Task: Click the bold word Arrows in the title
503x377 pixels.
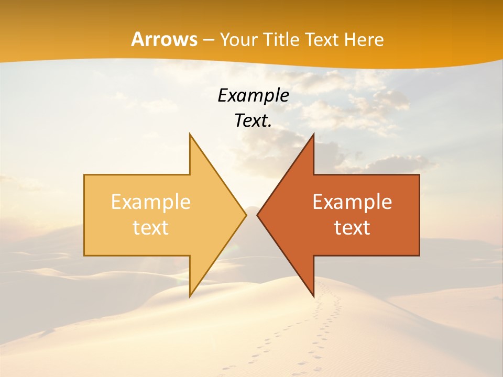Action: (x=164, y=39)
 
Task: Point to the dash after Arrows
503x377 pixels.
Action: (x=209, y=40)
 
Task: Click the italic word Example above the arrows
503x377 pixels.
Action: (x=253, y=96)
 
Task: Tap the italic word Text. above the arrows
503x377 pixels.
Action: (x=253, y=121)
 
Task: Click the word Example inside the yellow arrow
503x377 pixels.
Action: (x=151, y=202)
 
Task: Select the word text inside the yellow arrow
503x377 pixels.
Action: (x=151, y=228)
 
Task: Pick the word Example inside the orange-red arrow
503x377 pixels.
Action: (x=352, y=202)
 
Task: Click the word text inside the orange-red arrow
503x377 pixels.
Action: (x=352, y=228)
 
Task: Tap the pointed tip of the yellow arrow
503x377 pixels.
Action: (x=246, y=215)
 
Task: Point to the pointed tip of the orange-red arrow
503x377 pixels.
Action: (x=257, y=215)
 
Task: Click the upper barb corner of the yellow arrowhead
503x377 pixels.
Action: (x=190, y=134)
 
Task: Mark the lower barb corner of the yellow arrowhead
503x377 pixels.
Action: (x=190, y=296)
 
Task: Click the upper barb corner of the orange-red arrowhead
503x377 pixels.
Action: (x=313, y=134)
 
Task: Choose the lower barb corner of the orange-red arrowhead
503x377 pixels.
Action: (x=313, y=296)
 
